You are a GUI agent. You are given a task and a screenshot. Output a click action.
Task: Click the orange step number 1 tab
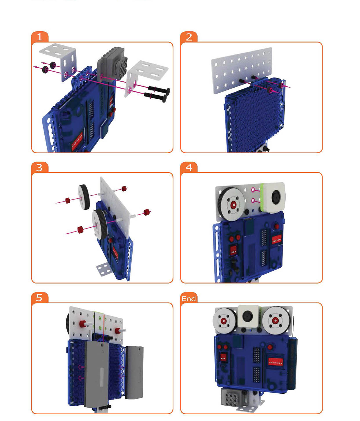pos(40,37)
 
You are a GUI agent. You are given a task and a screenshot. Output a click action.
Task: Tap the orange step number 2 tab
pos(189,37)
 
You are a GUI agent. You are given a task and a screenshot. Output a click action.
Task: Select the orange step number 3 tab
pos(40,167)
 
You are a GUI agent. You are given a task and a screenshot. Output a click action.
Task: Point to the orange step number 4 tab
pos(189,167)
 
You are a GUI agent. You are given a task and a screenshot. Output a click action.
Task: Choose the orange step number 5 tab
pos(40,298)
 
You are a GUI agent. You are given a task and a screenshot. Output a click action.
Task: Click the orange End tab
pos(189,298)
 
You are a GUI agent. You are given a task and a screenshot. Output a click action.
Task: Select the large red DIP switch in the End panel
pos(275,361)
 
